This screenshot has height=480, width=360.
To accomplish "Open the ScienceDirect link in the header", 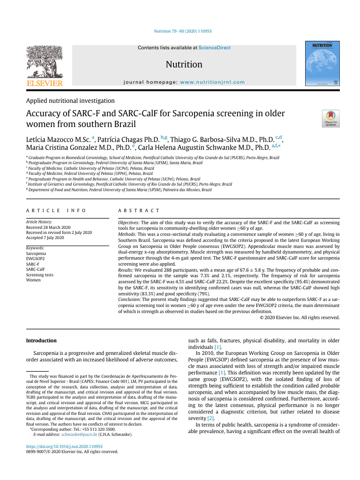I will click(x=214, y=48).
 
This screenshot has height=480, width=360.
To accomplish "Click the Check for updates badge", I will click(x=330, y=119).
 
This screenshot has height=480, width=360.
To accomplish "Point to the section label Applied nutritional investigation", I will click(x=70, y=100).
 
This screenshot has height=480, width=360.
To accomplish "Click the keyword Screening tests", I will click(x=40, y=275).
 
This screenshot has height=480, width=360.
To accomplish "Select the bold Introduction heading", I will click(x=41, y=340).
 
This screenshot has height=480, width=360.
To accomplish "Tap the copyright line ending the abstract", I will click(x=300, y=317).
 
